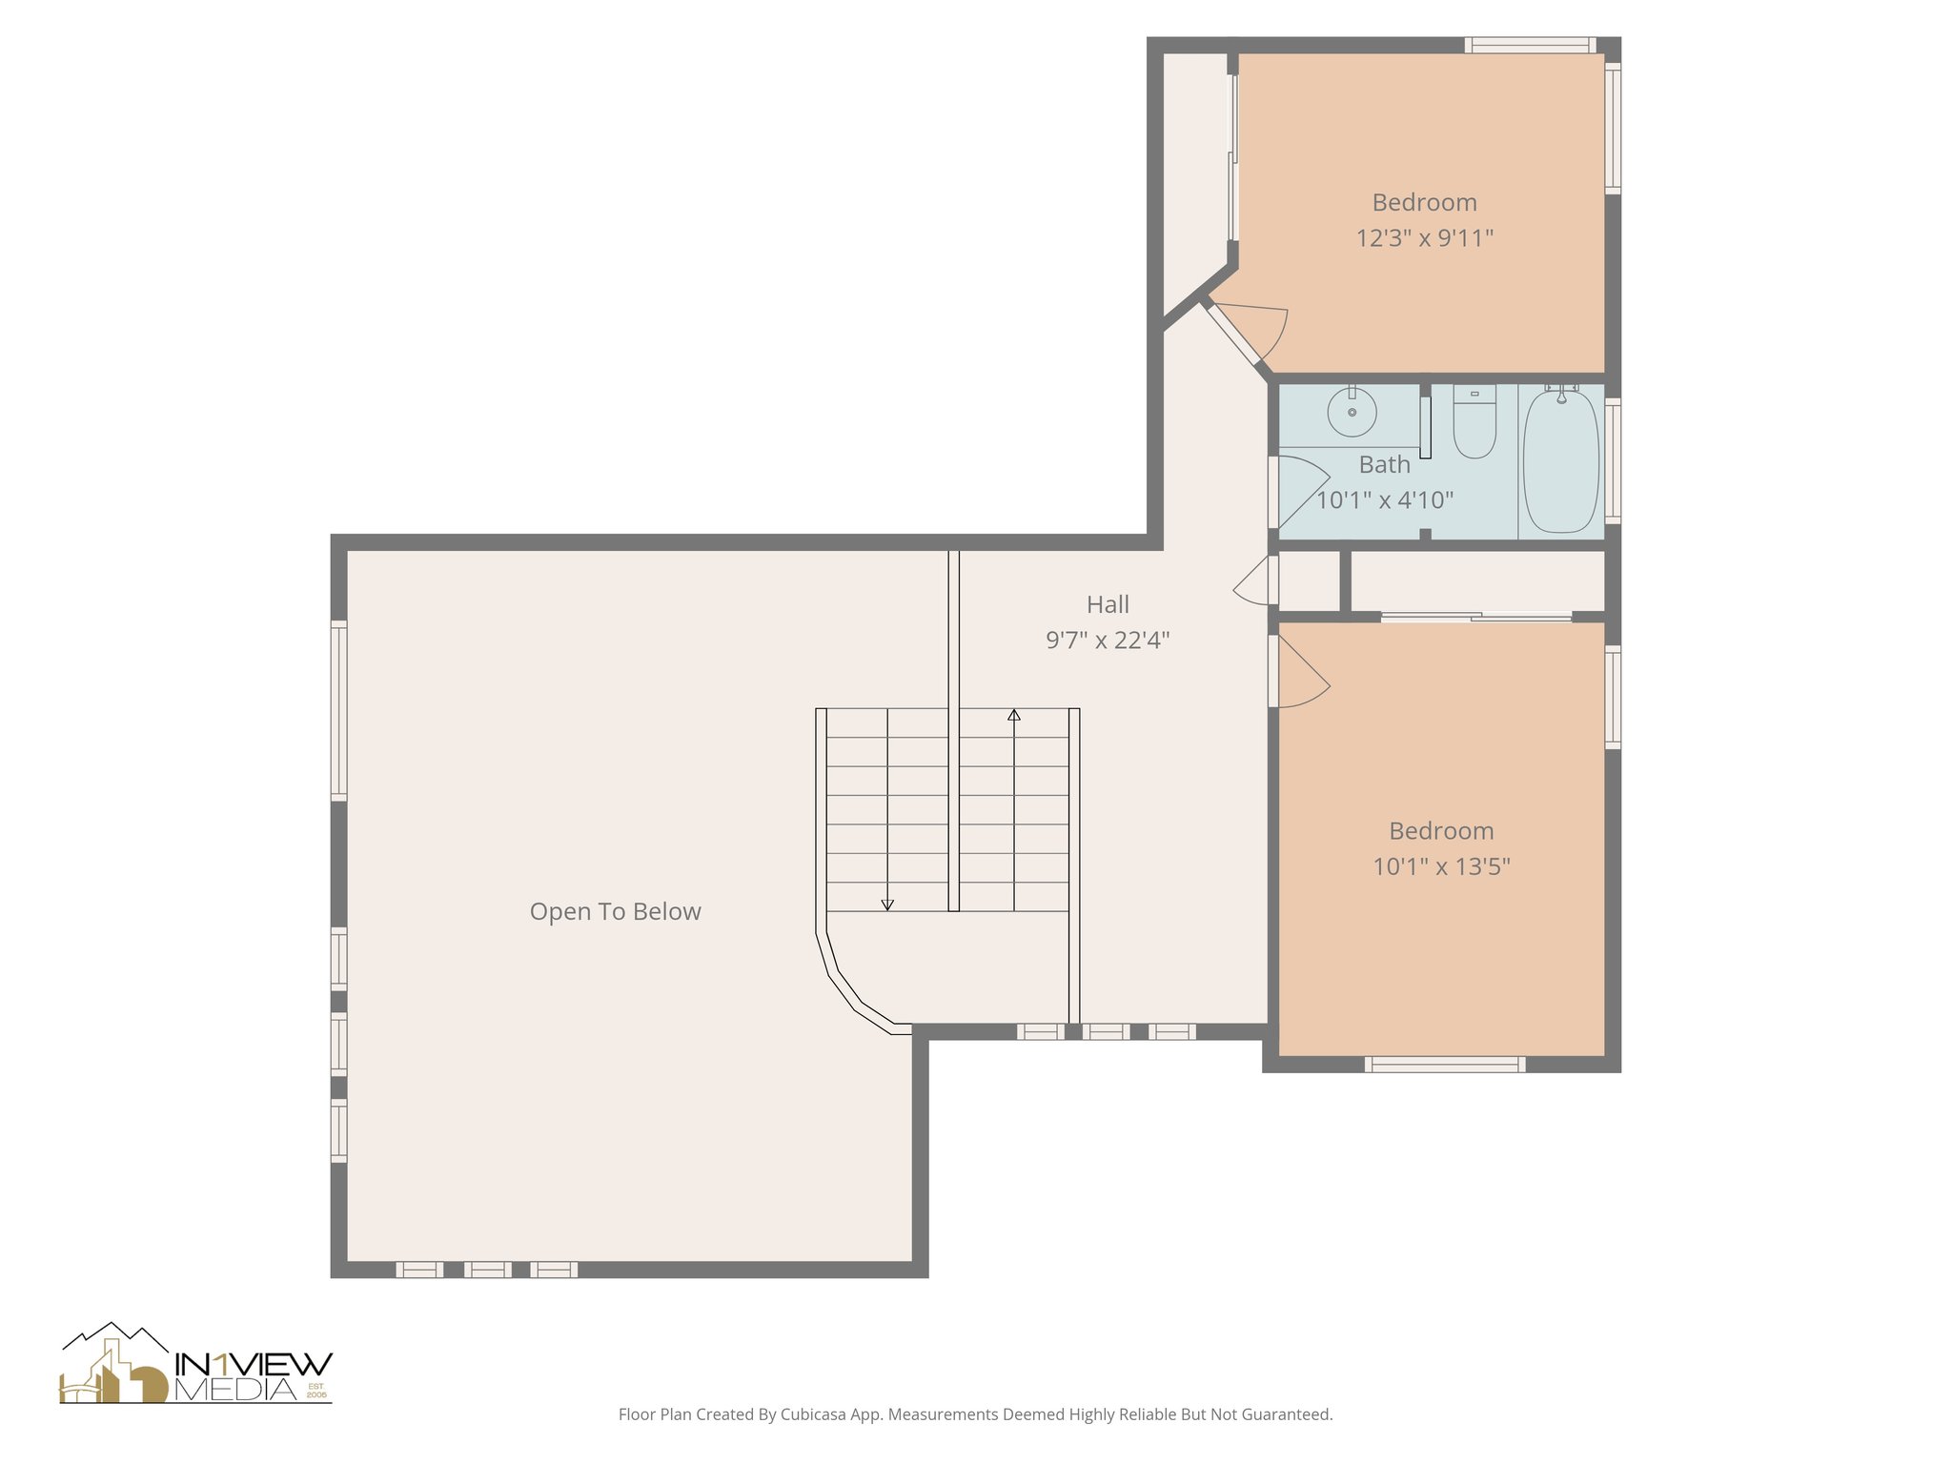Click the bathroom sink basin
pos(1352,413)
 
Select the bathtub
pos(1561,460)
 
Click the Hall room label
pos(1108,604)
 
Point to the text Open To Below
pos(615,912)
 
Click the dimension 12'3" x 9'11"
pos(1424,238)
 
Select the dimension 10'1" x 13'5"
pos(1441,866)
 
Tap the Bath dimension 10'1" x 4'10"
pos(1385,500)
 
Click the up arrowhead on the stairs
pos(1014,715)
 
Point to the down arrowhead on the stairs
pos(887,905)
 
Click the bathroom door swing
pos(1302,491)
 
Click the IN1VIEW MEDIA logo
pos(196,1366)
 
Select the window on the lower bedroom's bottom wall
pos(1444,1064)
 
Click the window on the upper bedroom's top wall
pos(1530,45)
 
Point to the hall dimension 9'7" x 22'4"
pos(1108,640)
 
